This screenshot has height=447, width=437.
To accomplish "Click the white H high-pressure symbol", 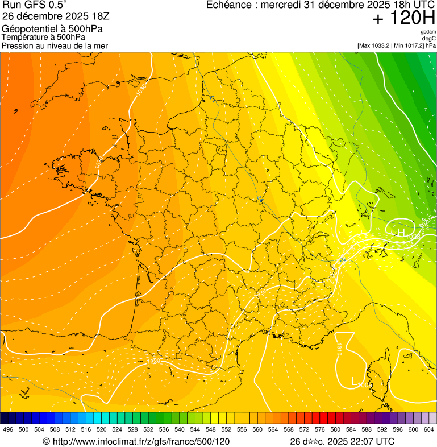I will (401, 233).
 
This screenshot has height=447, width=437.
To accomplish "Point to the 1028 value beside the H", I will (413, 235).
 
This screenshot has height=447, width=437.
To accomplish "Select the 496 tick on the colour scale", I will (8, 429).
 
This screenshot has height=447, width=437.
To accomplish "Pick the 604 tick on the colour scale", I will (428, 429).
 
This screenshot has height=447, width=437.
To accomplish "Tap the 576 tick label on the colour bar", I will (320, 429).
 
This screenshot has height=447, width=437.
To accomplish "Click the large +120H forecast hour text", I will (404, 18).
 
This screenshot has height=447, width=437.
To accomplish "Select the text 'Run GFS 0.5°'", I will (34, 5).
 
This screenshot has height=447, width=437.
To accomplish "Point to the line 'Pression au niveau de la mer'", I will (55, 45).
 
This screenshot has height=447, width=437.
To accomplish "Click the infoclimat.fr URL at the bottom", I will (136, 441).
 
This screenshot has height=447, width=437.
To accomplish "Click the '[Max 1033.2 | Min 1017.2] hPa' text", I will (397, 45).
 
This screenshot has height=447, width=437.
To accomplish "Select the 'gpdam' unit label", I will (428, 32).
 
